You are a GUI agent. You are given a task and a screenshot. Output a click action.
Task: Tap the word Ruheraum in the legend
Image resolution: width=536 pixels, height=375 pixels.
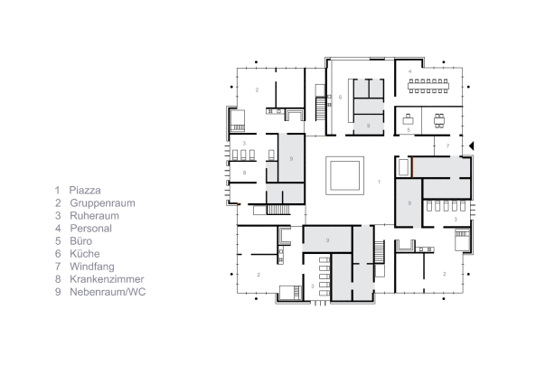pos(93,217)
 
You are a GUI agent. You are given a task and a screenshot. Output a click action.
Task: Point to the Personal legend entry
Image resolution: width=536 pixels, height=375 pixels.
pos(90,230)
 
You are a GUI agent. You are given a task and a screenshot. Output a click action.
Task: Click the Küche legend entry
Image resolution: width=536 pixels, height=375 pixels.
pos(84,255)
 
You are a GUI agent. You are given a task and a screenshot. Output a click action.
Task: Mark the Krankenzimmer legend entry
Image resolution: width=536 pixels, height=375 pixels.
pos(104,280)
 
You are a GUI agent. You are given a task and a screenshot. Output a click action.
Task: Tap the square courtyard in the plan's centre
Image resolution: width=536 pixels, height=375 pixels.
pos(344,174)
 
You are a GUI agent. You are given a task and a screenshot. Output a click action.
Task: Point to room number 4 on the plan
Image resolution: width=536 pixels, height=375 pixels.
pos(409,70)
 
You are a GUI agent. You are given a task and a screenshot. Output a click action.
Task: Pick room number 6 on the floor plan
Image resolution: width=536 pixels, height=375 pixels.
pos(340,97)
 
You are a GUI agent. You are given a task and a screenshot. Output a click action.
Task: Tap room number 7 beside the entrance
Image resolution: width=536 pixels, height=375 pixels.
pos(447,145)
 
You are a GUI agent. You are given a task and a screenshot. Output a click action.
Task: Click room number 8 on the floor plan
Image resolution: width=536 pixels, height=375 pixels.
pos(243,171)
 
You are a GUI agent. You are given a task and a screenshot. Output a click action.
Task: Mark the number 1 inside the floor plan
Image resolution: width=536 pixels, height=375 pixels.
pos(380,183)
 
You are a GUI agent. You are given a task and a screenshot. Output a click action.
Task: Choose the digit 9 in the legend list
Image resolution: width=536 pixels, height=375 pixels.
pos(57,293)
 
